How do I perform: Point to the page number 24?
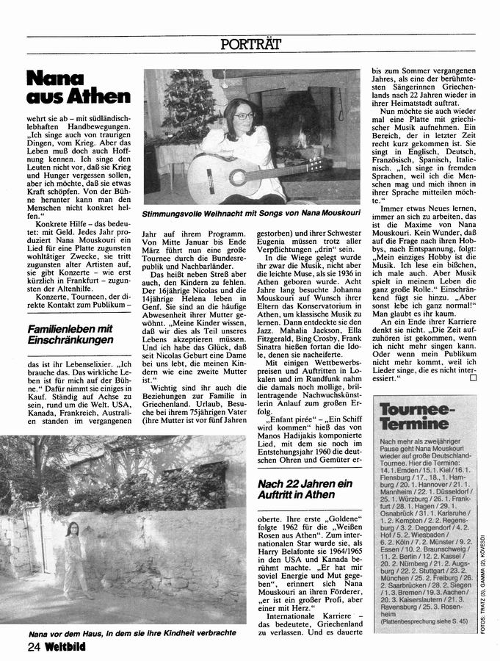click(34, 646)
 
